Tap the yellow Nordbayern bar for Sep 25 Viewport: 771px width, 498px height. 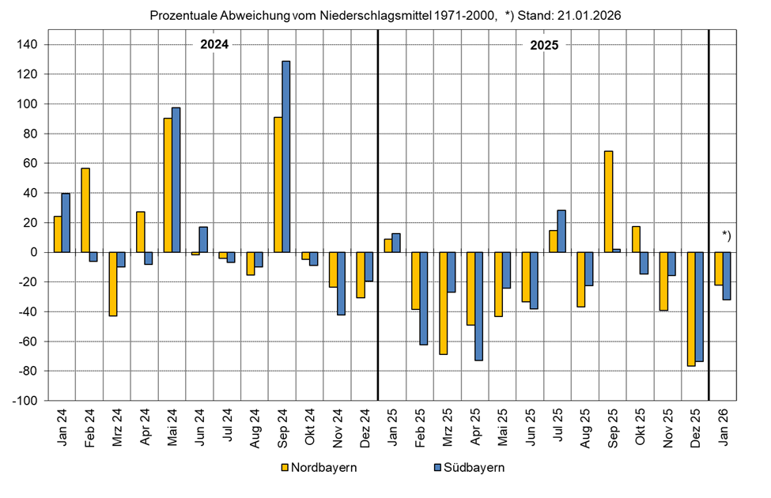[609, 202]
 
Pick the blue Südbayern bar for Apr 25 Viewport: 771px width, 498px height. [479, 306]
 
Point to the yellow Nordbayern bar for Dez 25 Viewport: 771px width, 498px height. [691, 309]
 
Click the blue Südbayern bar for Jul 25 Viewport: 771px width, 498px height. [561, 231]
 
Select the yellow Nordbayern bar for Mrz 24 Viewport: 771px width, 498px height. [113, 284]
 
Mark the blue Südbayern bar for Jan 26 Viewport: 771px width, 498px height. [727, 276]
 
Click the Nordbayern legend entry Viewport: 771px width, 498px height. [318, 467]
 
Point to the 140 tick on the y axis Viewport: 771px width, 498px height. [28, 45]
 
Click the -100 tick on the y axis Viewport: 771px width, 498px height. [26, 401]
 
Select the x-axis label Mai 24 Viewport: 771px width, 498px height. [172, 429]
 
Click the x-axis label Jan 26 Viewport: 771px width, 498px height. [723, 429]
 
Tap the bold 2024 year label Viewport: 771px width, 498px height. [214, 45]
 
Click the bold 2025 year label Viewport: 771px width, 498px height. [543, 45]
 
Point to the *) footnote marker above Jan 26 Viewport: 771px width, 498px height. [728, 234]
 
